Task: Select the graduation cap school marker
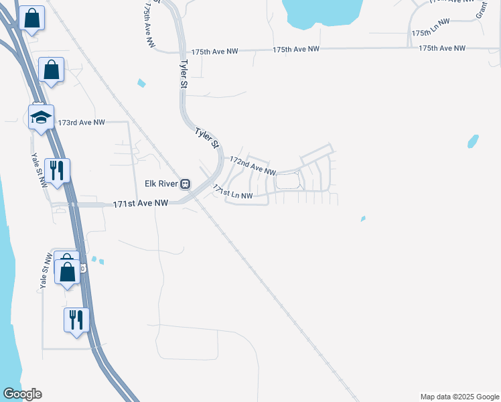pos(41,118)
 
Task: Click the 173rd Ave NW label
pos(82,123)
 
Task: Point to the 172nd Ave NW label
pos(253,165)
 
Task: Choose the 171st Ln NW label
pos(233,192)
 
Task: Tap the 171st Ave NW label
pos(140,202)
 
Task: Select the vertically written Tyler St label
pos(183,74)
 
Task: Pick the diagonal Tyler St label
pos(207,137)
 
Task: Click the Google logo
pos(22,394)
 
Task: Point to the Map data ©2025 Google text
pos(459,397)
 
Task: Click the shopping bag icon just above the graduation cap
pos(52,69)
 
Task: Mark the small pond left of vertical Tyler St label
pos(141,83)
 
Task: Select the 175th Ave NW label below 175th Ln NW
pos(441,48)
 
